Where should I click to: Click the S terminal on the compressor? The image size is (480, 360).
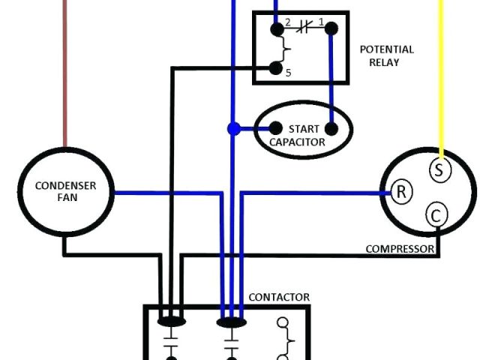click(439, 169)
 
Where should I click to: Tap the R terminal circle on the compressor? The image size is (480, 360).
click(401, 192)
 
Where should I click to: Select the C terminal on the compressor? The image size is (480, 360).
click(436, 216)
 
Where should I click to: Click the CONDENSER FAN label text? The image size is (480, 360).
click(65, 192)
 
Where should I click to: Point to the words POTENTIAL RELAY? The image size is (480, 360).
click(387, 55)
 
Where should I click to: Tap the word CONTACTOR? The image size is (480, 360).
click(279, 298)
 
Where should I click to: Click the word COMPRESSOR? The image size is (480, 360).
click(400, 249)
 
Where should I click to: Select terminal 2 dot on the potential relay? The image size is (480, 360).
click(277, 29)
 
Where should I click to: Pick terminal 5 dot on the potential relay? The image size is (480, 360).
click(276, 70)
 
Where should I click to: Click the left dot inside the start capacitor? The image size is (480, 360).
click(275, 128)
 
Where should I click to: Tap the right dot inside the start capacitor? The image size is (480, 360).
click(331, 128)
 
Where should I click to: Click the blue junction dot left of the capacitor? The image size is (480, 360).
click(233, 129)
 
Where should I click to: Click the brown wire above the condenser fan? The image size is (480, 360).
click(65, 75)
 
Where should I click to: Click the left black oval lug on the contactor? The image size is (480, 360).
click(172, 322)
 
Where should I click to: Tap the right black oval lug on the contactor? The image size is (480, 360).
click(232, 322)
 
